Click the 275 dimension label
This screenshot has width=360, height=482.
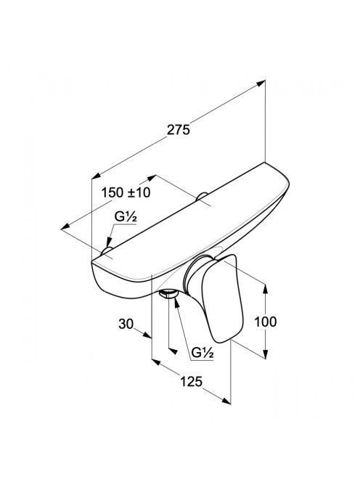pyautogui.click(x=179, y=130)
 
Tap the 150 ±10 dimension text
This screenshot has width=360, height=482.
pyautogui.click(x=126, y=193)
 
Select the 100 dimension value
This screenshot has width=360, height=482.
pyautogui.click(x=266, y=322)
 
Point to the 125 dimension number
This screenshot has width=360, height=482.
pyautogui.click(x=191, y=382)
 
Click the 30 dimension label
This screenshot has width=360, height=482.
pyautogui.click(x=126, y=324)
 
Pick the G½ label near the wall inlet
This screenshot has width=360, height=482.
pyautogui.click(x=126, y=217)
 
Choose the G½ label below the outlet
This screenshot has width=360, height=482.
pyautogui.click(x=202, y=353)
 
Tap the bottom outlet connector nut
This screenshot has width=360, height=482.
pyautogui.click(x=168, y=294)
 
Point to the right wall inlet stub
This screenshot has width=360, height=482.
pyautogui.click(x=202, y=196)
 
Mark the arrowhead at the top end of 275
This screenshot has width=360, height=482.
pyautogui.click(x=261, y=83)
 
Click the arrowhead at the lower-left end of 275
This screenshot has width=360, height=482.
pyautogui.click(x=97, y=176)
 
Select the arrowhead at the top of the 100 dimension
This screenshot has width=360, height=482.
pyautogui.click(x=266, y=287)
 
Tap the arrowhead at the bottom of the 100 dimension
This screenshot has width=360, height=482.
pyautogui.click(x=266, y=354)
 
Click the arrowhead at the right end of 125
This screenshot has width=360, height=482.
pyautogui.click(x=226, y=400)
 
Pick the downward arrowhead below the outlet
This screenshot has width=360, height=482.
pyautogui.click(x=173, y=351)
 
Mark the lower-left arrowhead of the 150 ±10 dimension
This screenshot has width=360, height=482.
pyautogui.click(x=65, y=227)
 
